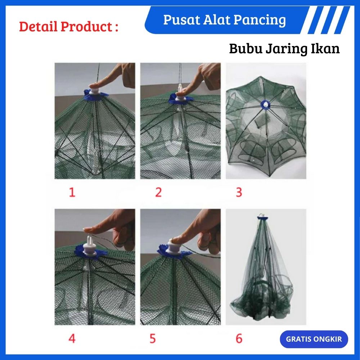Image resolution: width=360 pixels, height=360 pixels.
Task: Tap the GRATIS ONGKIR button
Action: pos(314,339)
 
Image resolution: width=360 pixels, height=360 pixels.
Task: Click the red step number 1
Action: pos(72,192)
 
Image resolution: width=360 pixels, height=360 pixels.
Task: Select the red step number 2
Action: pos(158,192)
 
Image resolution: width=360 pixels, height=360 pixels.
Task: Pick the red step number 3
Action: pos(239,192)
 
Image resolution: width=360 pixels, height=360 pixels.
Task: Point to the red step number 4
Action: pos(72,338)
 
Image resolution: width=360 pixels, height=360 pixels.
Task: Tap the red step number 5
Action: pos(152,338)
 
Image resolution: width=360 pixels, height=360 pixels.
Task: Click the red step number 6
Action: pos(239,338)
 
